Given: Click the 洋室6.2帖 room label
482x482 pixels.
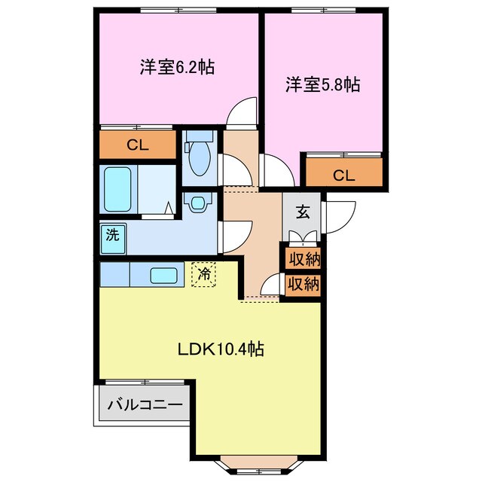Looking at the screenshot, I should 176,67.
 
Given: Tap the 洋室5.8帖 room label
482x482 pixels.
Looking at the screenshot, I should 322,85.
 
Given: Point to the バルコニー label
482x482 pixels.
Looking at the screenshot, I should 145,405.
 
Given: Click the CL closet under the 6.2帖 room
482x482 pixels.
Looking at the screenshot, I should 136,145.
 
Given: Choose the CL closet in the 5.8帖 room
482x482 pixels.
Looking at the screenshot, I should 343,175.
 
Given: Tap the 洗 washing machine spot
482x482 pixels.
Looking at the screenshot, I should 111,234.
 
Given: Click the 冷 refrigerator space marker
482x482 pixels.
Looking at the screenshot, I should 203,274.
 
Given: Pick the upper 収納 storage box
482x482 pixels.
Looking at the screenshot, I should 302,261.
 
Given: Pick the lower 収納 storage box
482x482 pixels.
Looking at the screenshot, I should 302,285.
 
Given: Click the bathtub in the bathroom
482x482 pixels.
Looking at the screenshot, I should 117,188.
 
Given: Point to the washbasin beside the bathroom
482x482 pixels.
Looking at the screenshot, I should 198,204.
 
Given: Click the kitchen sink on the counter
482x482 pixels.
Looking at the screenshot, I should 163,276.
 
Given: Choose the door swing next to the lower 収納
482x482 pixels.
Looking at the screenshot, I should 270,287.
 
